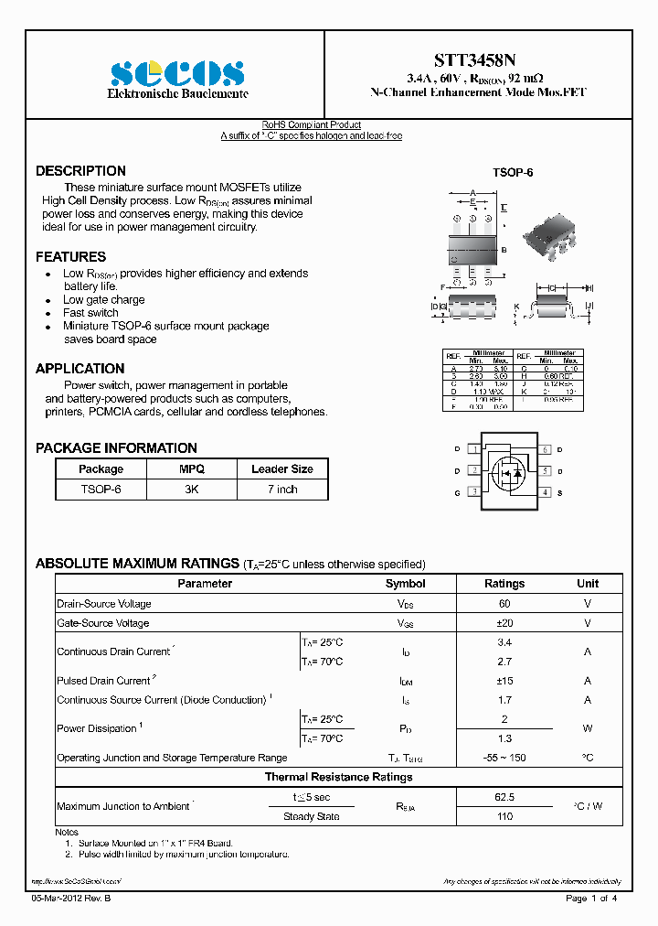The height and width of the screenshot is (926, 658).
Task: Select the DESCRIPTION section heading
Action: pyautogui.click(x=80, y=171)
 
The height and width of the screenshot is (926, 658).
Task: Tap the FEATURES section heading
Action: pyautogui.click(x=70, y=257)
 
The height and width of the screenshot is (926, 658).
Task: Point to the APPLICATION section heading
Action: pyautogui.click(x=80, y=369)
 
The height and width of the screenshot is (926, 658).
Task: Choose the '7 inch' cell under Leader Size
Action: pyautogui.click(x=281, y=490)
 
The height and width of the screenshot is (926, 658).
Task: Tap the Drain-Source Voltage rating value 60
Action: pyautogui.click(x=504, y=604)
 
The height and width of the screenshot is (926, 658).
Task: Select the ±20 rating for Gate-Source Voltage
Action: pyautogui.click(x=504, y=623)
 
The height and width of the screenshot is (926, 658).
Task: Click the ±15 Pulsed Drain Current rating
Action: pyautogui.click(x=504, y=681)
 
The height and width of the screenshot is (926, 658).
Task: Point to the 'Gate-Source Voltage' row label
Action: pyautogui.click(x=103, y=623)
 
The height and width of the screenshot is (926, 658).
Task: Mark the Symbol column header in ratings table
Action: pyautogui.click(x=405, y=584)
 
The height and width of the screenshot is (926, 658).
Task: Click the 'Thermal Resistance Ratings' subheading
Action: pyautogui.click(x=338, y=777)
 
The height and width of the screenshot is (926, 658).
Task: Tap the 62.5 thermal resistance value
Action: pyautogui.click(x=504, y=797)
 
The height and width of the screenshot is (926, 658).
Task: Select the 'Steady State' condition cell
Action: pyautogui.click(x=311, y=816)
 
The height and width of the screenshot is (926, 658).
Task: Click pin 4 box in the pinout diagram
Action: pyautogui.click(x=546, y=492)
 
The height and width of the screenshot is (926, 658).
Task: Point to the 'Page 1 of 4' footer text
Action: pyautogui.click(x=591, y=899)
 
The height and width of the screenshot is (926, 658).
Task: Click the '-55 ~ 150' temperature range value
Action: pyautogui.click(x=504, y=758)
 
